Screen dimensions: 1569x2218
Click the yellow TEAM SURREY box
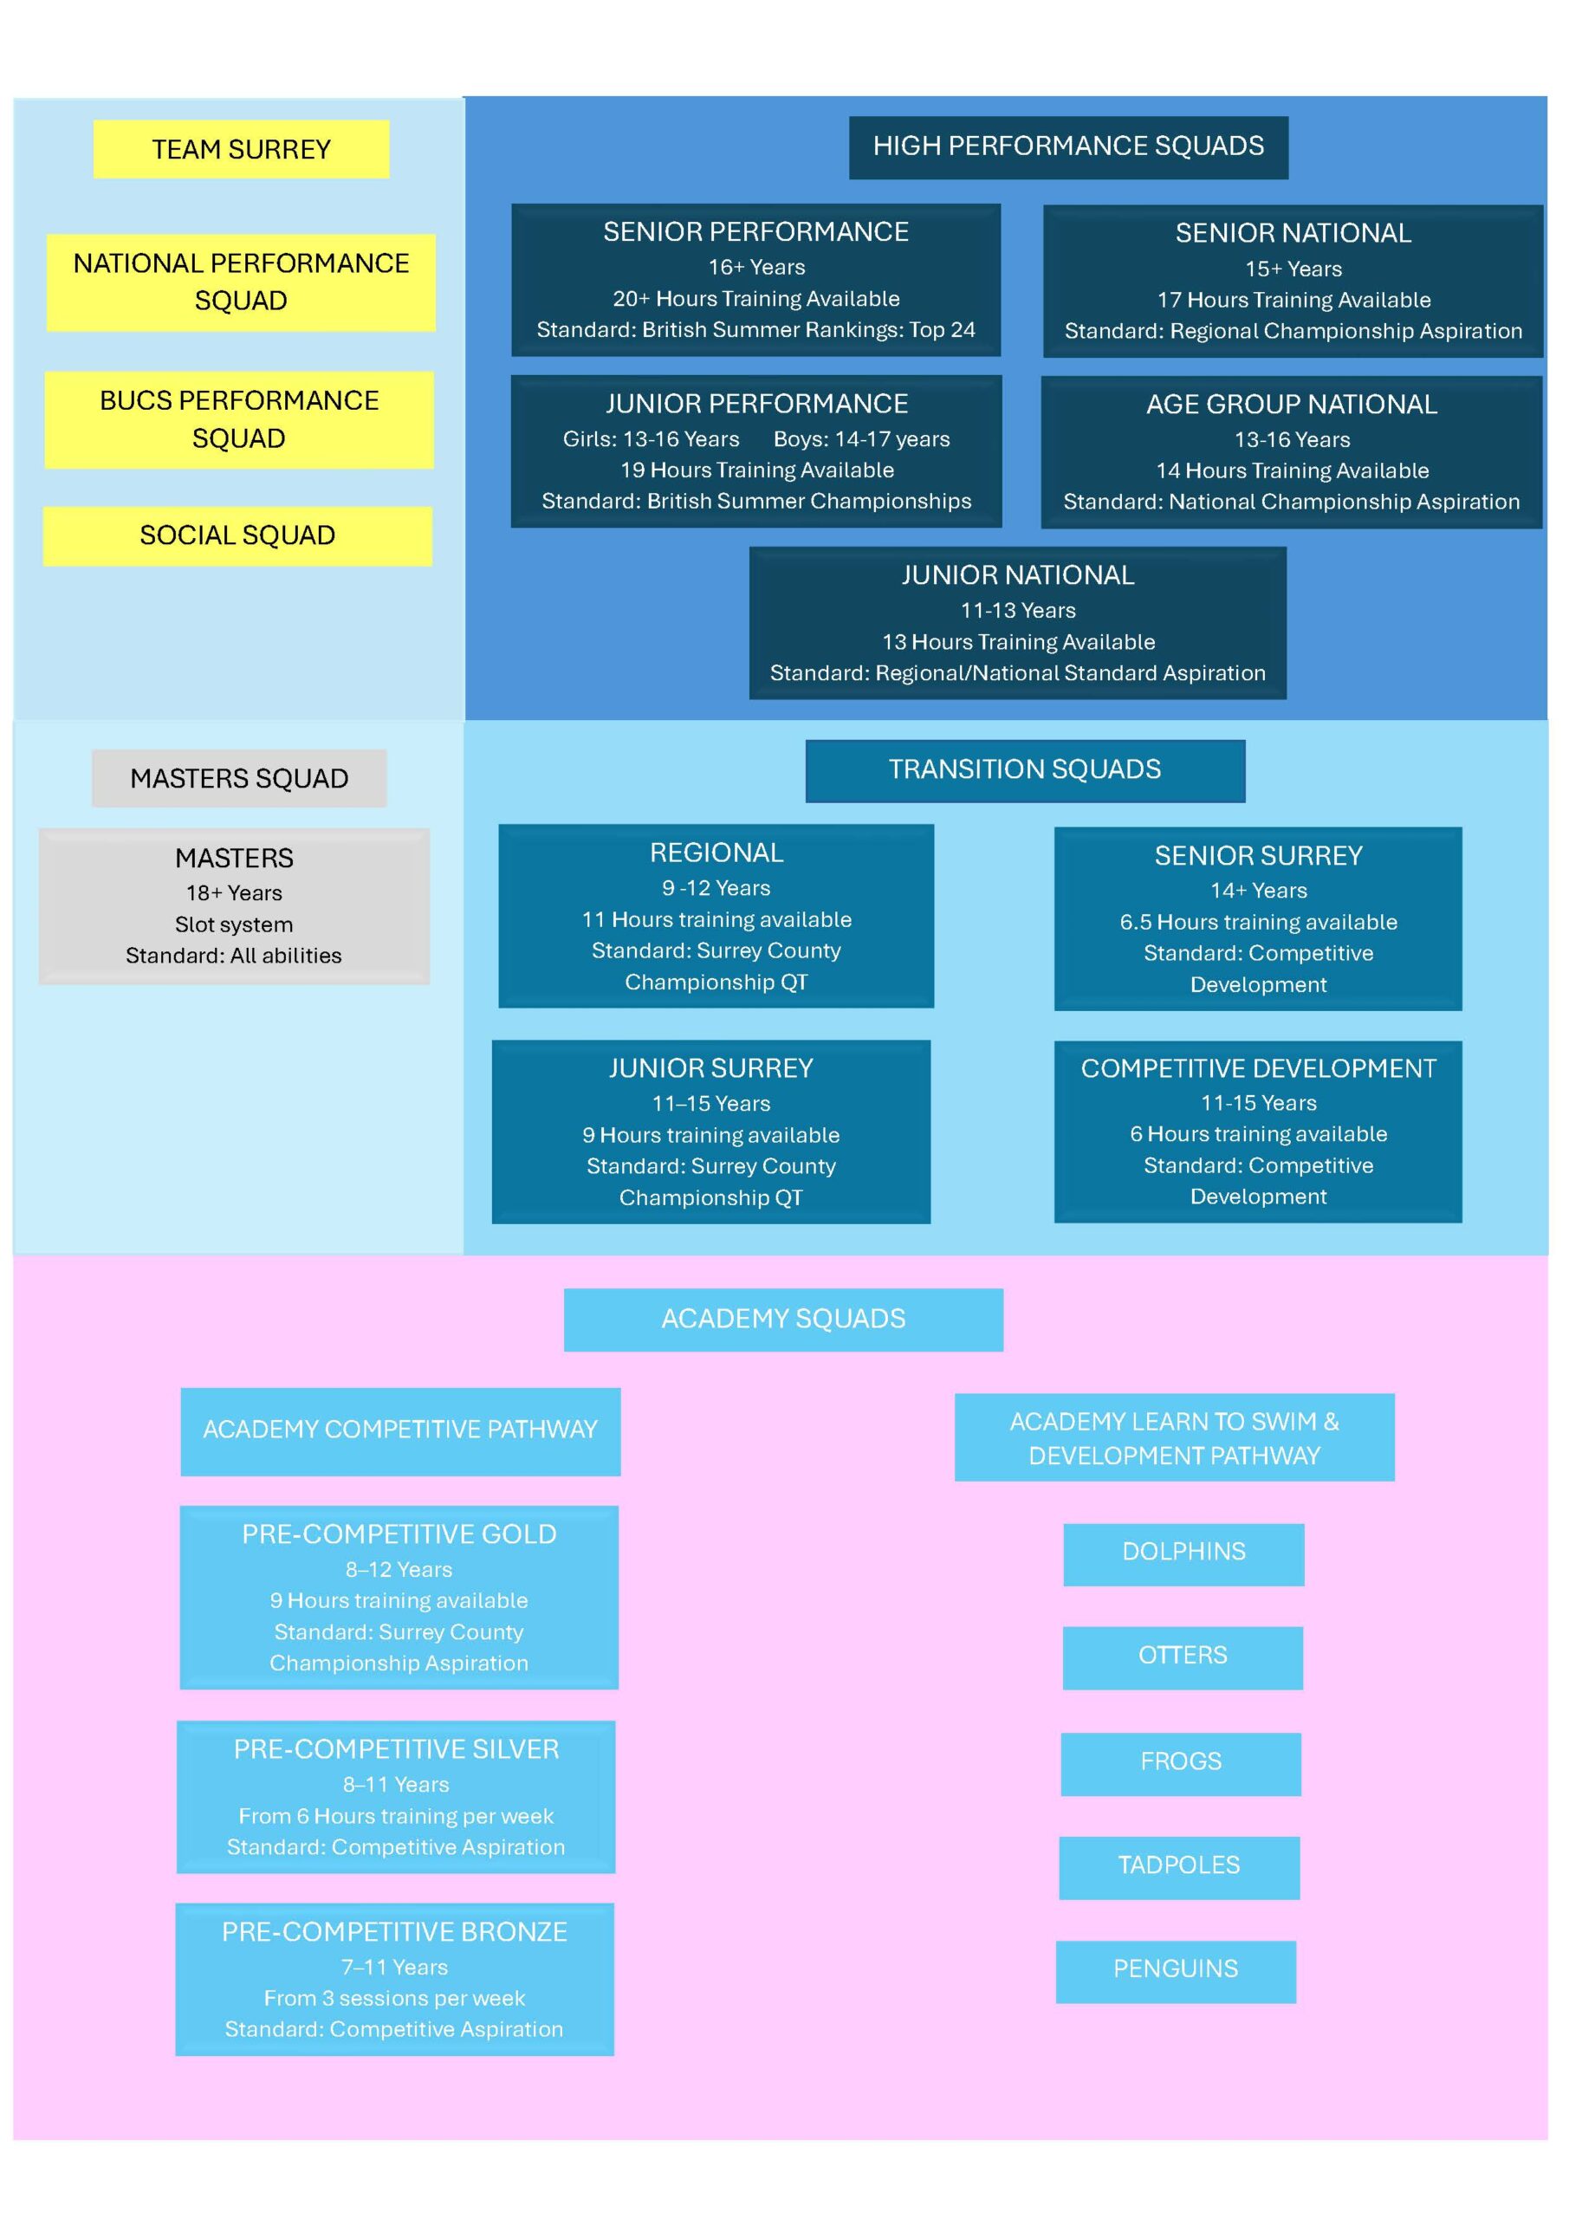pos(242,149)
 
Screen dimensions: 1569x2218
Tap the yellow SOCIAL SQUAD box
pos(237,535)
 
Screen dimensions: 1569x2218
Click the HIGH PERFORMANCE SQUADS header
pos(1068,146)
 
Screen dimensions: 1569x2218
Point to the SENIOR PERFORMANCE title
pos(756,232)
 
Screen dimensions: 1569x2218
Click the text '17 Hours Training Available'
pos(1293,300)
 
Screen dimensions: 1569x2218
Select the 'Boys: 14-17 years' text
pos(862,438)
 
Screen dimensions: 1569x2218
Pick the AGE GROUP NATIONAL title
pos(1292,404)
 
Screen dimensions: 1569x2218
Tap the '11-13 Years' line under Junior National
pos(1018,611)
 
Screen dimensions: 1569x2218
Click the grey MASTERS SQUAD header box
pos(240,778)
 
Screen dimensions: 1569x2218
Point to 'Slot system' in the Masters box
pos(234,924)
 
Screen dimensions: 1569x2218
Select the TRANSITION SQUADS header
pos(1025,770)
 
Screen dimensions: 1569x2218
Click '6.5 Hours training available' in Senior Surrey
pos(1259,922)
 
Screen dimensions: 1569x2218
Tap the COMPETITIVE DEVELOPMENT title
pos(1259,1068)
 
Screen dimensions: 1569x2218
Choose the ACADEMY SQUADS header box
pos(783,1320)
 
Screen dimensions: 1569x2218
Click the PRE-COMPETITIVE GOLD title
pos(399,1534)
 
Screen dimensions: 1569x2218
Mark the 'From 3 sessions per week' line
pos(394,1998)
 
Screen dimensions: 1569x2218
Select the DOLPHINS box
pos(1183,1554)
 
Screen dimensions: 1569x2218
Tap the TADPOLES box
pos(1180,1867)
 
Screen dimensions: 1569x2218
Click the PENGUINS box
pos(1176,1972)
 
